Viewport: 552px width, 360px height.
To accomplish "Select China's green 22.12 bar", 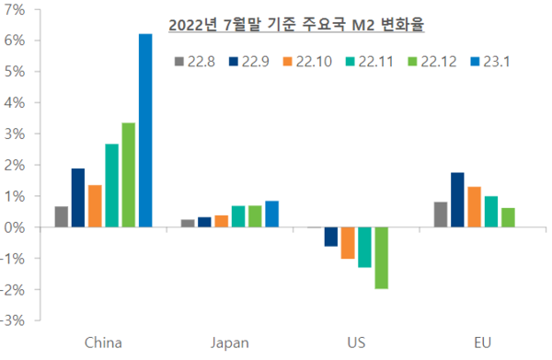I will pyautogui.click(x=129, y=175).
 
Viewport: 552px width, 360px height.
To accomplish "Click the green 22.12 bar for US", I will pyautogui.click(x=381, y=258).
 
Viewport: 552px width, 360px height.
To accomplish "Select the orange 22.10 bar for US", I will pyautogui.click(x=348, y=243).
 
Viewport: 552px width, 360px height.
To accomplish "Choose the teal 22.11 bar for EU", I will pyautogui.click(x=491, y=212).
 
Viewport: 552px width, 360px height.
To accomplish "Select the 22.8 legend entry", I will pyautogui.click(x=194, y=61).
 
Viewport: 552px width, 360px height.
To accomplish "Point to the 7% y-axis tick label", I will pyautogui.click(x=16, y=9).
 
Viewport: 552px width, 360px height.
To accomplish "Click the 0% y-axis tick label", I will pyautogui.click(x=16, y=227).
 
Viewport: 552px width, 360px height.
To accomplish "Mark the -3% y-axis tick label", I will pyautogui.click(x=14, y=321).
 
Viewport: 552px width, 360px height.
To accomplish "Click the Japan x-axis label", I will pyautogui.click(x=230, y=343).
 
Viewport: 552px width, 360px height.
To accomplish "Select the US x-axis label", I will pyautogui.click(x=356, y=343).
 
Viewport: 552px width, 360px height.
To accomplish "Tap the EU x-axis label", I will pyautogui.click(x=482, y=343).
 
